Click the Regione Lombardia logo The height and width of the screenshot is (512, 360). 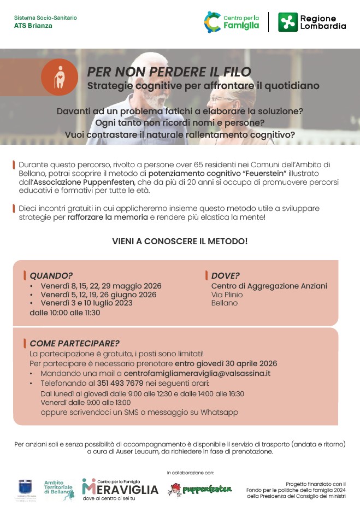[312, 22]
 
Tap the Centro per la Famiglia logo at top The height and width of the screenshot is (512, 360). [232, 22]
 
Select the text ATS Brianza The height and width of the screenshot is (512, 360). [33, 26]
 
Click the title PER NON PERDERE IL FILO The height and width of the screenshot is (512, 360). [169, 72]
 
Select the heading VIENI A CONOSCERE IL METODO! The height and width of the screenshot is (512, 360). [180, 241]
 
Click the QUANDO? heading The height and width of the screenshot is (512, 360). [51, 275]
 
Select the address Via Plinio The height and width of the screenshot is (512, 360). [227, 295]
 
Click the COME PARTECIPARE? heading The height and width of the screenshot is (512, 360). [74, 344]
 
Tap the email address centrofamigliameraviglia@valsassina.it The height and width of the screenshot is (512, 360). [197, 373]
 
